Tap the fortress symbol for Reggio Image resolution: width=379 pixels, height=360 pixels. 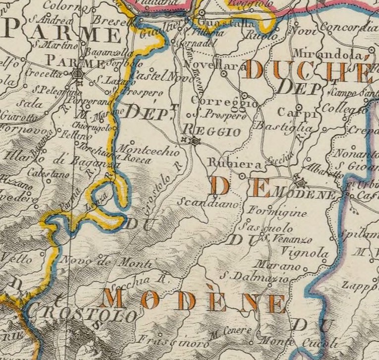195,142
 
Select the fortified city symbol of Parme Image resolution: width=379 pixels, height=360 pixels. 77,74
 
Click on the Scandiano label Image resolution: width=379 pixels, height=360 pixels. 208,203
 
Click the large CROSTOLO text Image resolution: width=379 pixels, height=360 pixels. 81,316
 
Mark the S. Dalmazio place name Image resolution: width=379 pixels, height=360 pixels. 254,277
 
